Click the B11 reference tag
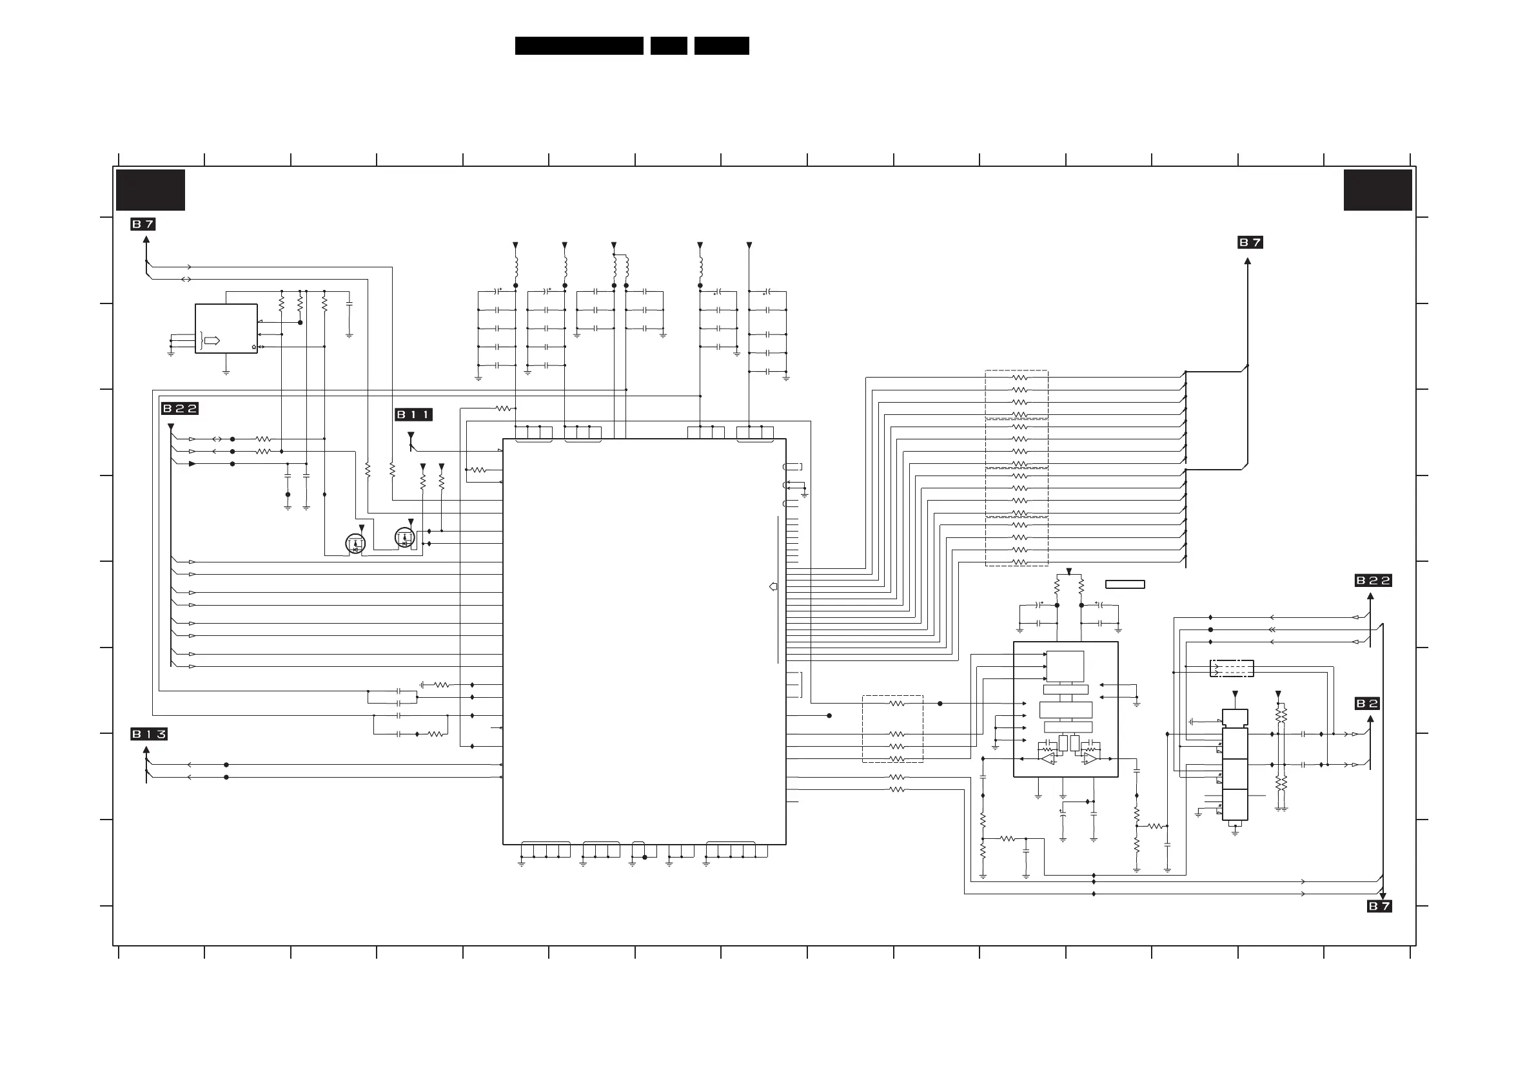pos(413,414)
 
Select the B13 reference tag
pos(148,734)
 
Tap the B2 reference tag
pos(1367,704)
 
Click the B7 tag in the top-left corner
pos(143,224)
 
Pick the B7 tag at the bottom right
pos(1379,906)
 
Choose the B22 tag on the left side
pos(180,408)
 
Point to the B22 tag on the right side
pos(1373,581)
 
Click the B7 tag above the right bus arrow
pos(1250,242)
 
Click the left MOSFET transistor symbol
pos(355,544)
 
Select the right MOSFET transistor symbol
pos(405,537)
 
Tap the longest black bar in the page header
pos(578,46)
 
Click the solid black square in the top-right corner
pos(1377,190)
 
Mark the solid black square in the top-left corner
pos(150,190)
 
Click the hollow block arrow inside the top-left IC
pos(212,341)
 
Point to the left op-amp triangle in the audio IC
pos(1048,759)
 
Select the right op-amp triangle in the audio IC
pos(1090,759)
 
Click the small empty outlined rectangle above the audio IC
pos(1125,584)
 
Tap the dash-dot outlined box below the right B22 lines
pos(1231,668)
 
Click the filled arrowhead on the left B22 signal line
pos(192,463)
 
